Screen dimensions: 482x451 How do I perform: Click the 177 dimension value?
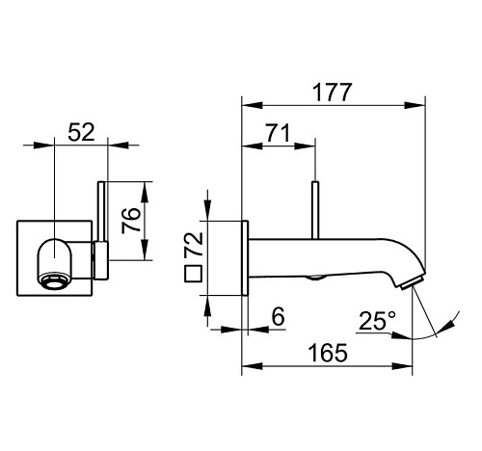[333, 93]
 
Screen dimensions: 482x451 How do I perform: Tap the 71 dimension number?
[277, 132]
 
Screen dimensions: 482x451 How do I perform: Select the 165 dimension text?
[328, 353]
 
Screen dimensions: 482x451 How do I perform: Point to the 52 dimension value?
[82, 132]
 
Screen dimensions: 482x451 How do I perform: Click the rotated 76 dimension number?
[131, 220]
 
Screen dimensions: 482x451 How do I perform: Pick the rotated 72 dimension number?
[194, 244]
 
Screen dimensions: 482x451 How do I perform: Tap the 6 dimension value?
[279, 316]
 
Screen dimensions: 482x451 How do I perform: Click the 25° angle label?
[377, 321]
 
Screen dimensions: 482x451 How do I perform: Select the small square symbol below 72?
[193, 274]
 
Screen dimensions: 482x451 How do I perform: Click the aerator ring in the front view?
[54, 280]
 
